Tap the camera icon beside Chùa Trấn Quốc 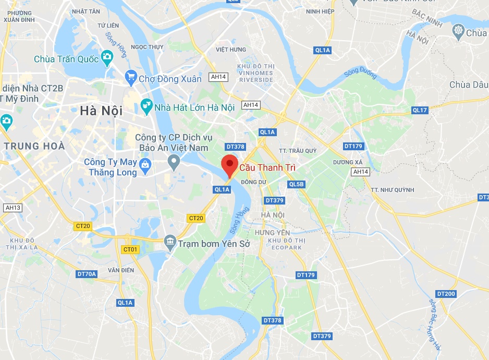pos(107,57)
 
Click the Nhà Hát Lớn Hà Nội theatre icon pos(146,107)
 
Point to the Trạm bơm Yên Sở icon pos(169,242)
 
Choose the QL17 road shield pos(419,110)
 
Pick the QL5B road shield pos(296,184)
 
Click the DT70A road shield pos(87,273)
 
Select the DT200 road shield pos(446,294)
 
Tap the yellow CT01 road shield pos(130,249)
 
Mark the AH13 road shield pos(13,208)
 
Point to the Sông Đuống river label pos(360,75)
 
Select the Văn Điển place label pos(121,270)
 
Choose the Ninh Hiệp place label pos(320,11)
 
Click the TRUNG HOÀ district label pos(34,146)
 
